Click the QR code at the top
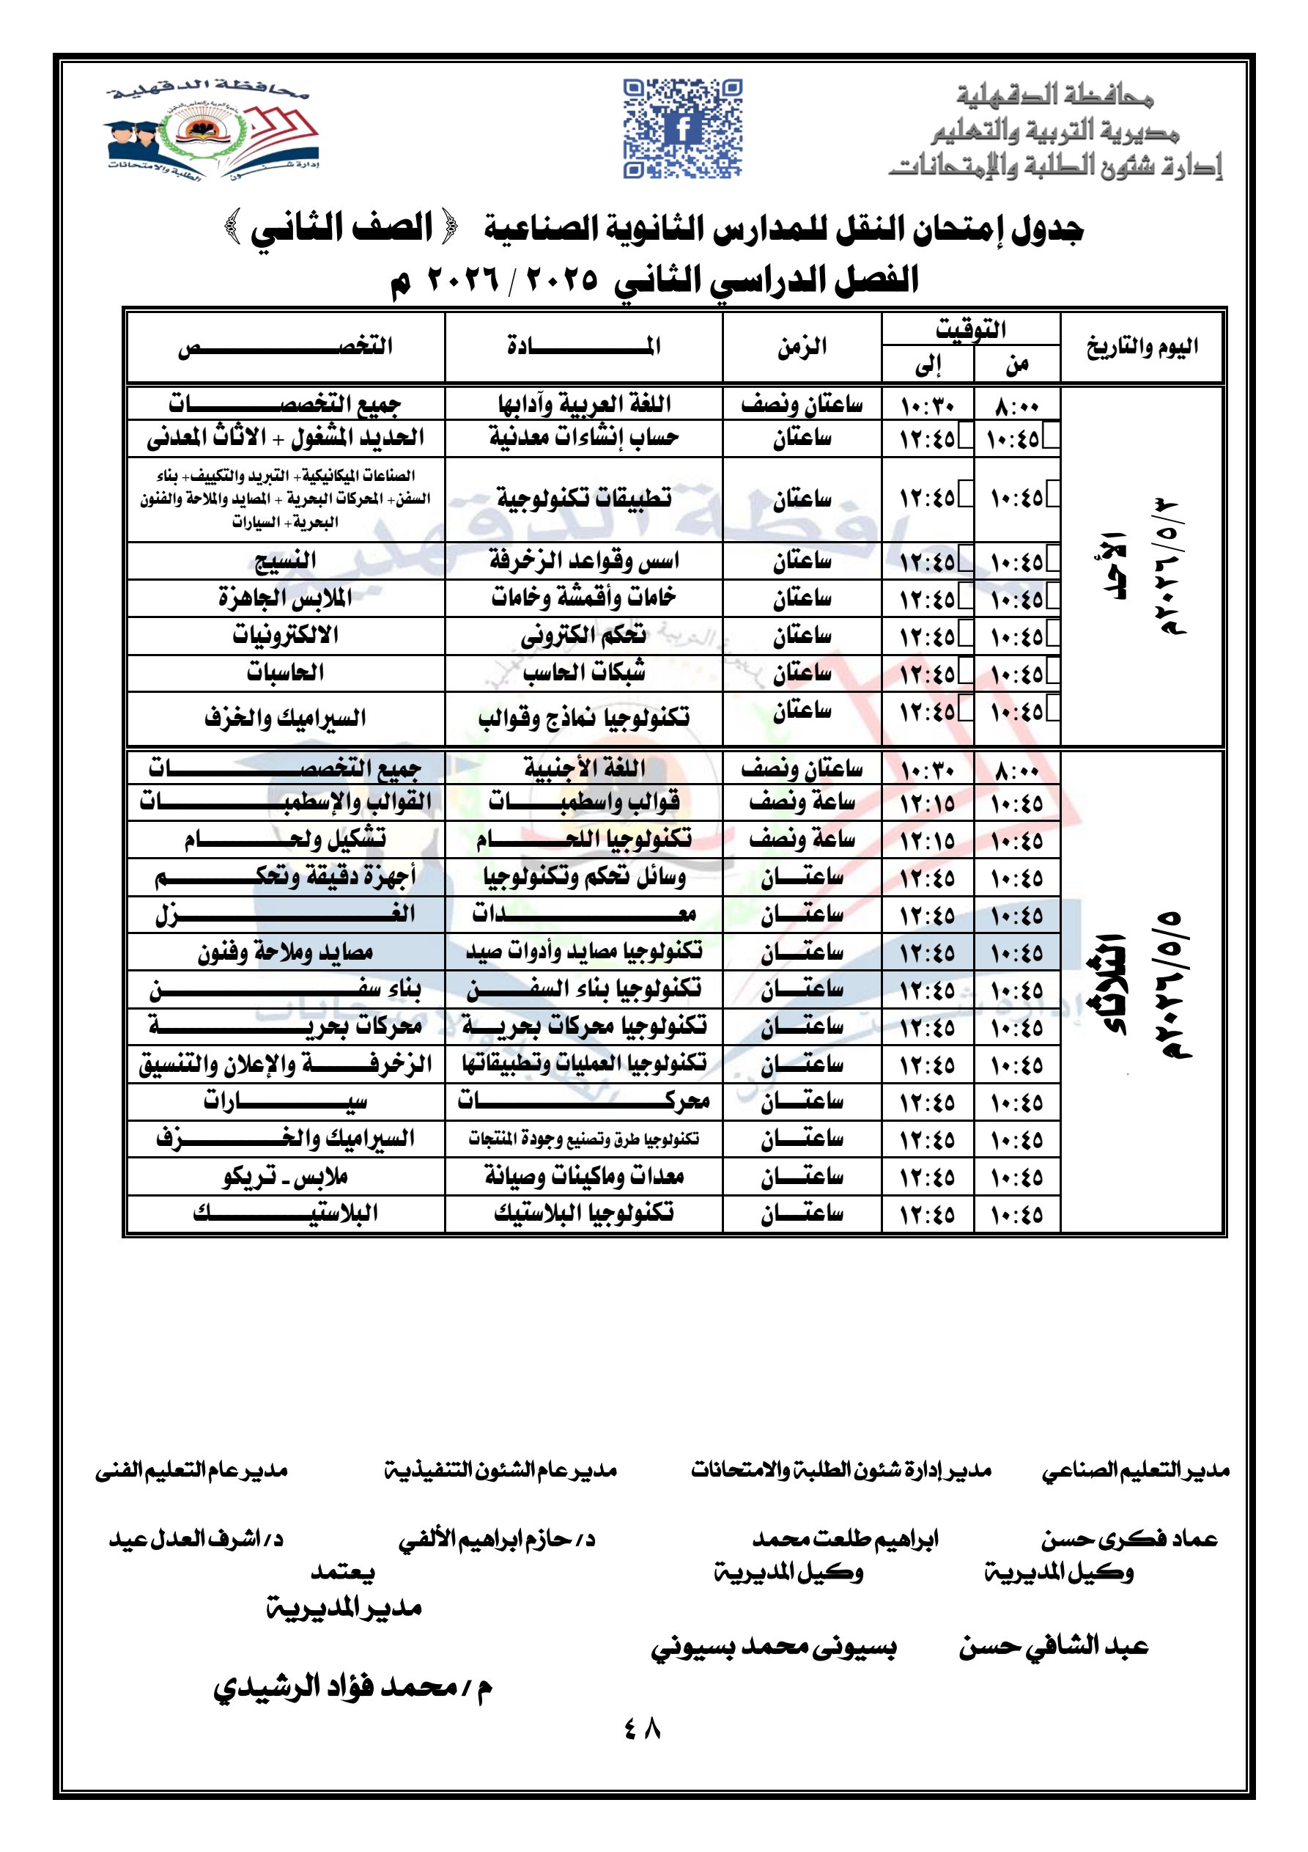tap(682, 128)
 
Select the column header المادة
tap(583, 347)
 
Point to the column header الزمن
tap(802, 347)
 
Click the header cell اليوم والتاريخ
tap(1141, 347)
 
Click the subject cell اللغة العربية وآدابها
tap(583, 403)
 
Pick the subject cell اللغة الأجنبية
tap(583, 767)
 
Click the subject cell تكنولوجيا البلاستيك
tap(583, 1213)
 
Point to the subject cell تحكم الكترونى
tap(583, 636)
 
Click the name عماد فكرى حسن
tap(1129, 1539)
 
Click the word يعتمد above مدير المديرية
tap(343, 1571)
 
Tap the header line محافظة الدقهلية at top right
tap(1056, 97)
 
